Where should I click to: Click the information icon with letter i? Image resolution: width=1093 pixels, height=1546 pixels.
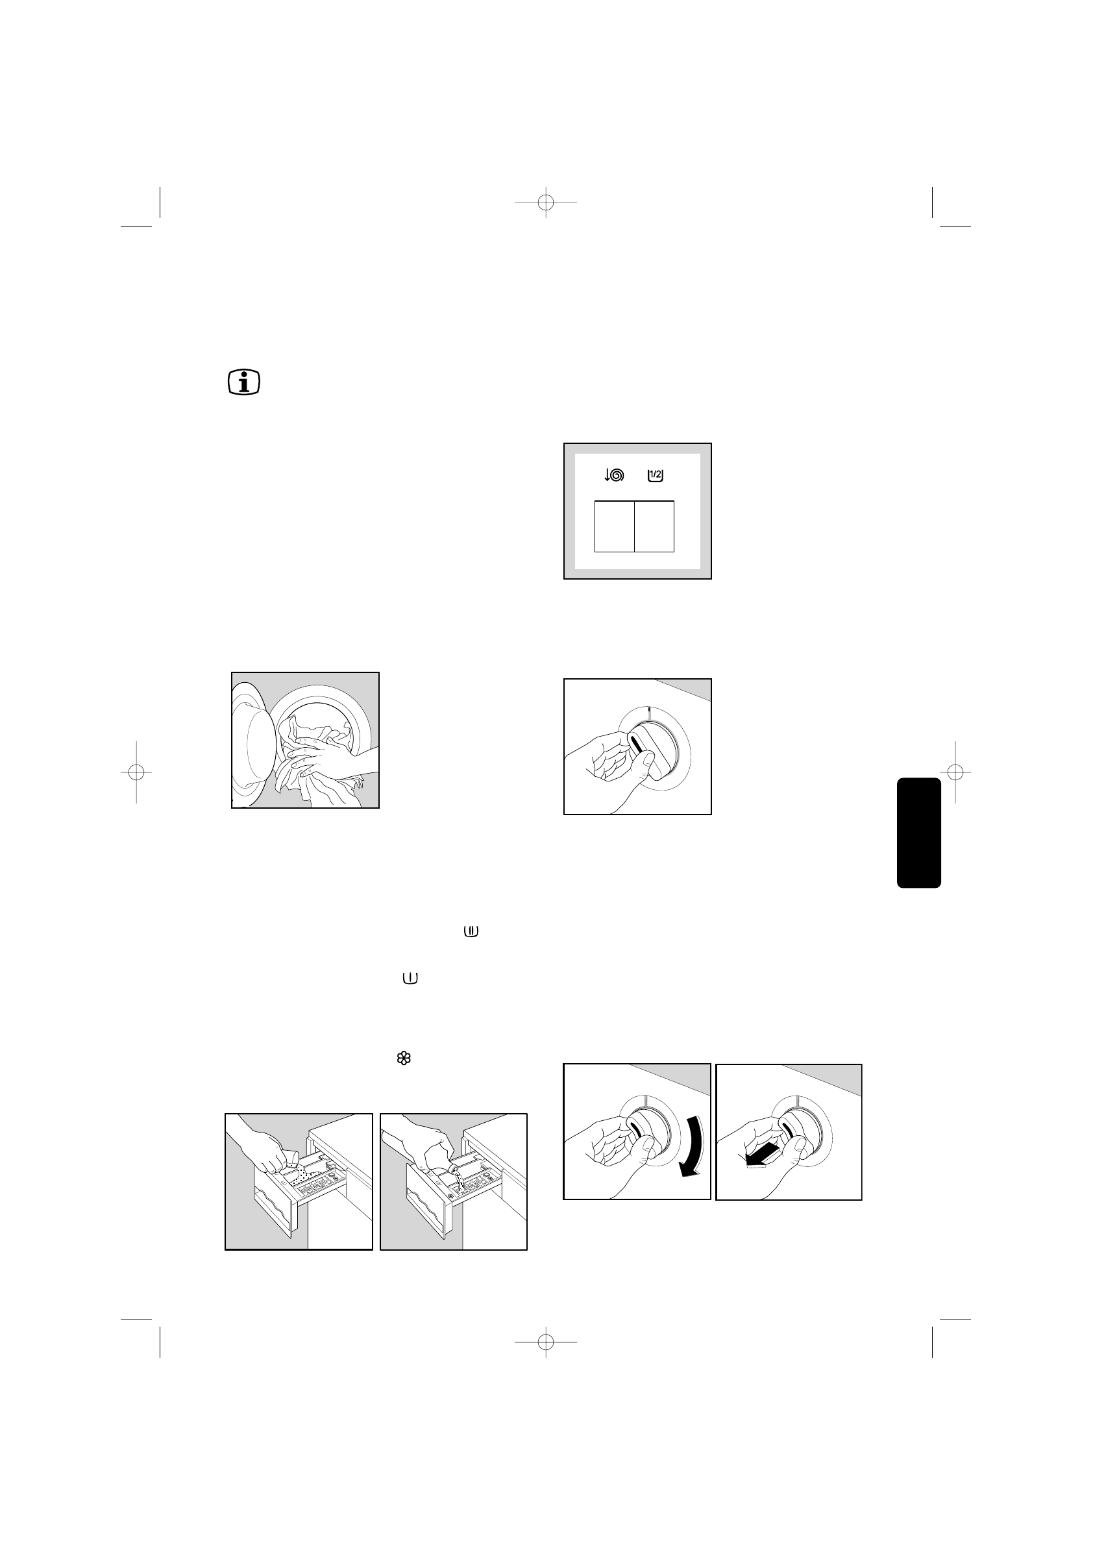tap(244, 382)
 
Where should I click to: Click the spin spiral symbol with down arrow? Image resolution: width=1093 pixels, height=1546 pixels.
tap(614, 475)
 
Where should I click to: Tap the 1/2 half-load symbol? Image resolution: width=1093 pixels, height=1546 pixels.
tap(656, 475)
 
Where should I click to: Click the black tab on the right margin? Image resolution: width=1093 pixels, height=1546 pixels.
tap(918, 832)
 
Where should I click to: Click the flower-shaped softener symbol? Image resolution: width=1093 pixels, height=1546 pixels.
tap(404, 1059)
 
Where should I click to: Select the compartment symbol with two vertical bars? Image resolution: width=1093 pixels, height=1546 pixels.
tap(471, 932)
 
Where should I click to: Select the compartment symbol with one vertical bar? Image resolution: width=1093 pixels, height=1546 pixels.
tap(410, 978)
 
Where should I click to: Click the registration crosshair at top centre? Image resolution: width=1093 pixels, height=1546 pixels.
tap(546, 202)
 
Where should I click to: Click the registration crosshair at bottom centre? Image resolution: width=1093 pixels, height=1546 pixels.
tap(546, 1343)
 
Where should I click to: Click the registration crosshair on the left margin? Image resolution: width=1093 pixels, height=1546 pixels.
tap(136, 772)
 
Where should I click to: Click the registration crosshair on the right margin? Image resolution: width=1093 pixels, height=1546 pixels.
tap(955, 772)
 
